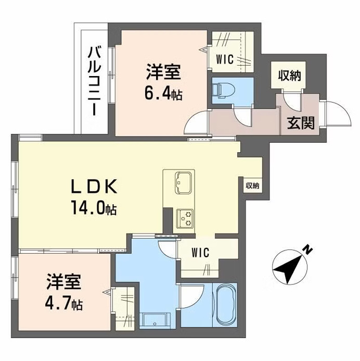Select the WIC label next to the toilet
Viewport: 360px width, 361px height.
point(225,59)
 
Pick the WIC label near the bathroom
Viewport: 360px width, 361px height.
point(200,254)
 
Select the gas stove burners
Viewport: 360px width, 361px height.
point(184,217)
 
